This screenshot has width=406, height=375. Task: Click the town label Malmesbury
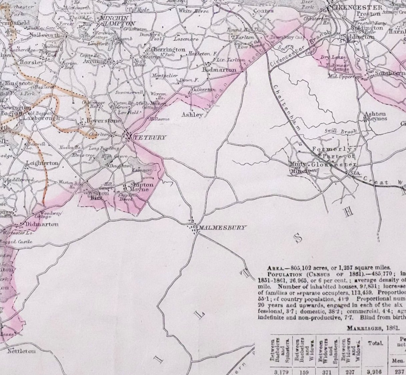click(222, 228)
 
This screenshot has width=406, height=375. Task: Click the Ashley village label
click(192, 115)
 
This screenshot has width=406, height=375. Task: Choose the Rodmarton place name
click(220, 70)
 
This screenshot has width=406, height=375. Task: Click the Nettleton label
click(21, 351)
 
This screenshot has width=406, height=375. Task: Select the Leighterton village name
click(42, 163)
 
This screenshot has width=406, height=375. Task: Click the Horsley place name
click(32, 62)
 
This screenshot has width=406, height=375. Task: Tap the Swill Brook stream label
click(341, 132)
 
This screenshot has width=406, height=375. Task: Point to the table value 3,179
click(278, 371)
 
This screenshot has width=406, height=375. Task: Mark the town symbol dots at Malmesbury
click(193, 226)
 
